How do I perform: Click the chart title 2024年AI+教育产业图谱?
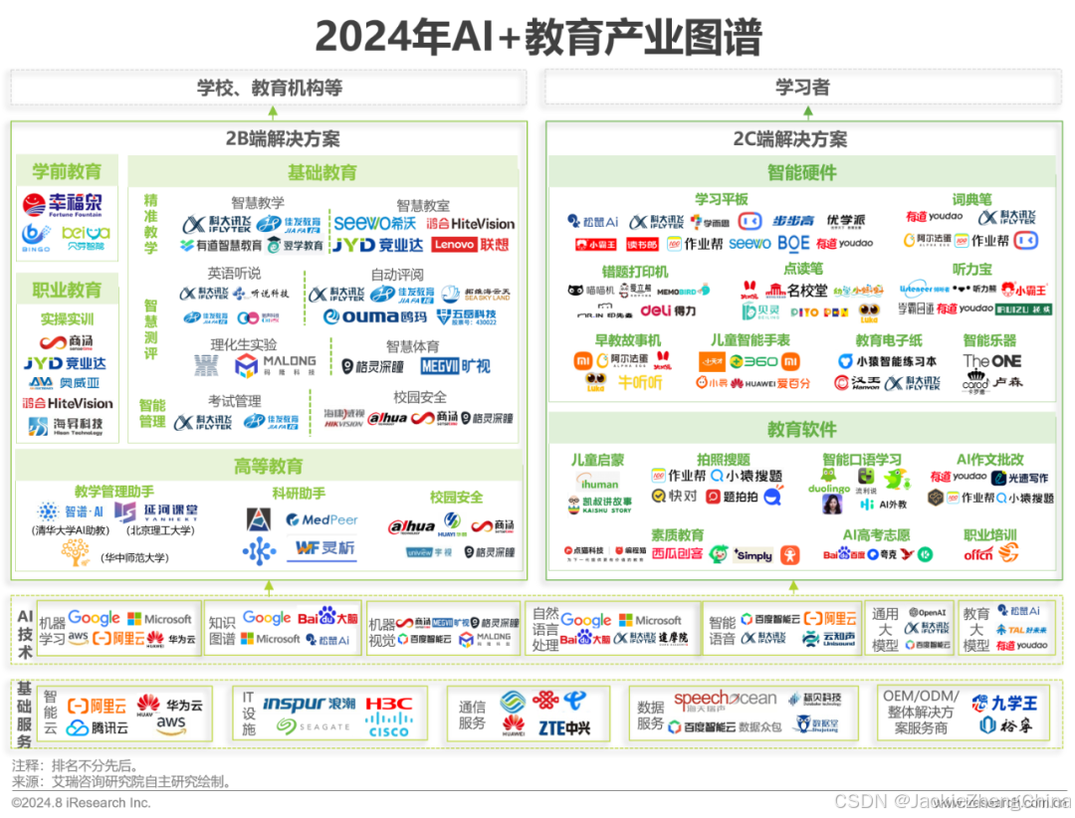coord(537,38)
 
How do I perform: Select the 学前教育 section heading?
coord(68,171)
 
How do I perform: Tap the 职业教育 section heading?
coord(68,290)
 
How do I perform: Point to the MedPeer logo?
coord(321,519)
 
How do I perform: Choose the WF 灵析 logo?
coord(321,547)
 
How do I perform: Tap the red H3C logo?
coord(388,703)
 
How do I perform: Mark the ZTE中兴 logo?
coord(563,728)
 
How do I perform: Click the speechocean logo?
coord(725,700)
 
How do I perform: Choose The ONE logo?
coord(991,360)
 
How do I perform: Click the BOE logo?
coord(793,243)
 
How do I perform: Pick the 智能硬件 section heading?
coord(801,171)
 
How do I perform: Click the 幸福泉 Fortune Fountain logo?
coord(63,206)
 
